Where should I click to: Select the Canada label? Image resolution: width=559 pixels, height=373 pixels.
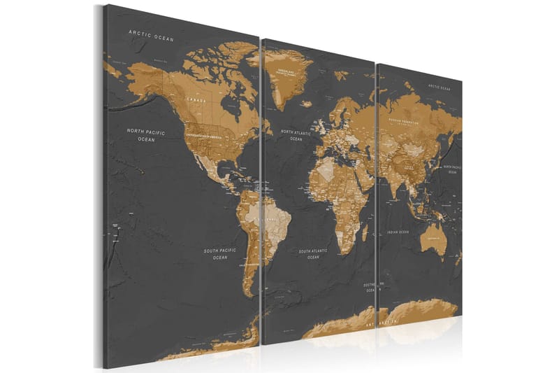pyautogui.click(x=196, y=99)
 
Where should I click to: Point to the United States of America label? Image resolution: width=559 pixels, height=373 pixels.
pyautogui.click(x=209, y=134)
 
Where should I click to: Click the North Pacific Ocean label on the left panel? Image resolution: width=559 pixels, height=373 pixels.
pyautogui.click(x=145, y=135)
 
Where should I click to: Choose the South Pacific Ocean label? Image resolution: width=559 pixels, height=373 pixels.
pyautogui.click(x=220, y=253)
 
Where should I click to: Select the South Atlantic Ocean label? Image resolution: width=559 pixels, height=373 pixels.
pyautogui.click(x=314, y=253)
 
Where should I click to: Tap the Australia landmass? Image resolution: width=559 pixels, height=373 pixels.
pyautogui.click(x=437, y=239)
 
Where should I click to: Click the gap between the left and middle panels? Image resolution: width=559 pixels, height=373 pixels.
pyautogui.click(x=261, y=189)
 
